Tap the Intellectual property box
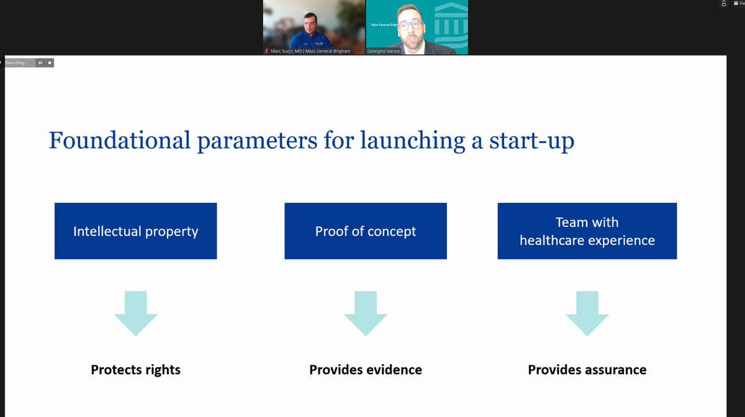[135, 231]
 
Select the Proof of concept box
[365, 231]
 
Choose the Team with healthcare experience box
[587, 231]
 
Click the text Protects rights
[135, 370]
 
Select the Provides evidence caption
[365, 370]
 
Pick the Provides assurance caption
[587, 370]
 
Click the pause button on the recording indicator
[40, 63]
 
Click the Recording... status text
[17, 63]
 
